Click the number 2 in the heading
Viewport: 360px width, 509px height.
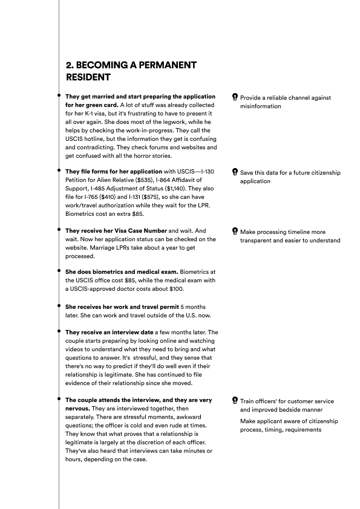pyautogui.click(x=68, y=65)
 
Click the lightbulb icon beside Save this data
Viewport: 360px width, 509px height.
pyautogui.click(x=235, y=173)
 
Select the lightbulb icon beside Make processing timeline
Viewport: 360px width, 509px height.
pyautogui.click(x=235, y=232)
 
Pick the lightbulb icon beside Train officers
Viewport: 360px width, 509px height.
pyautogui.click(x=235, y=401)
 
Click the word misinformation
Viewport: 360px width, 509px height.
pyautogui.click(x=261, y=106)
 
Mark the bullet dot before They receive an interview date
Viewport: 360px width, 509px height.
pyautogui.click(x=59, y=331)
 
